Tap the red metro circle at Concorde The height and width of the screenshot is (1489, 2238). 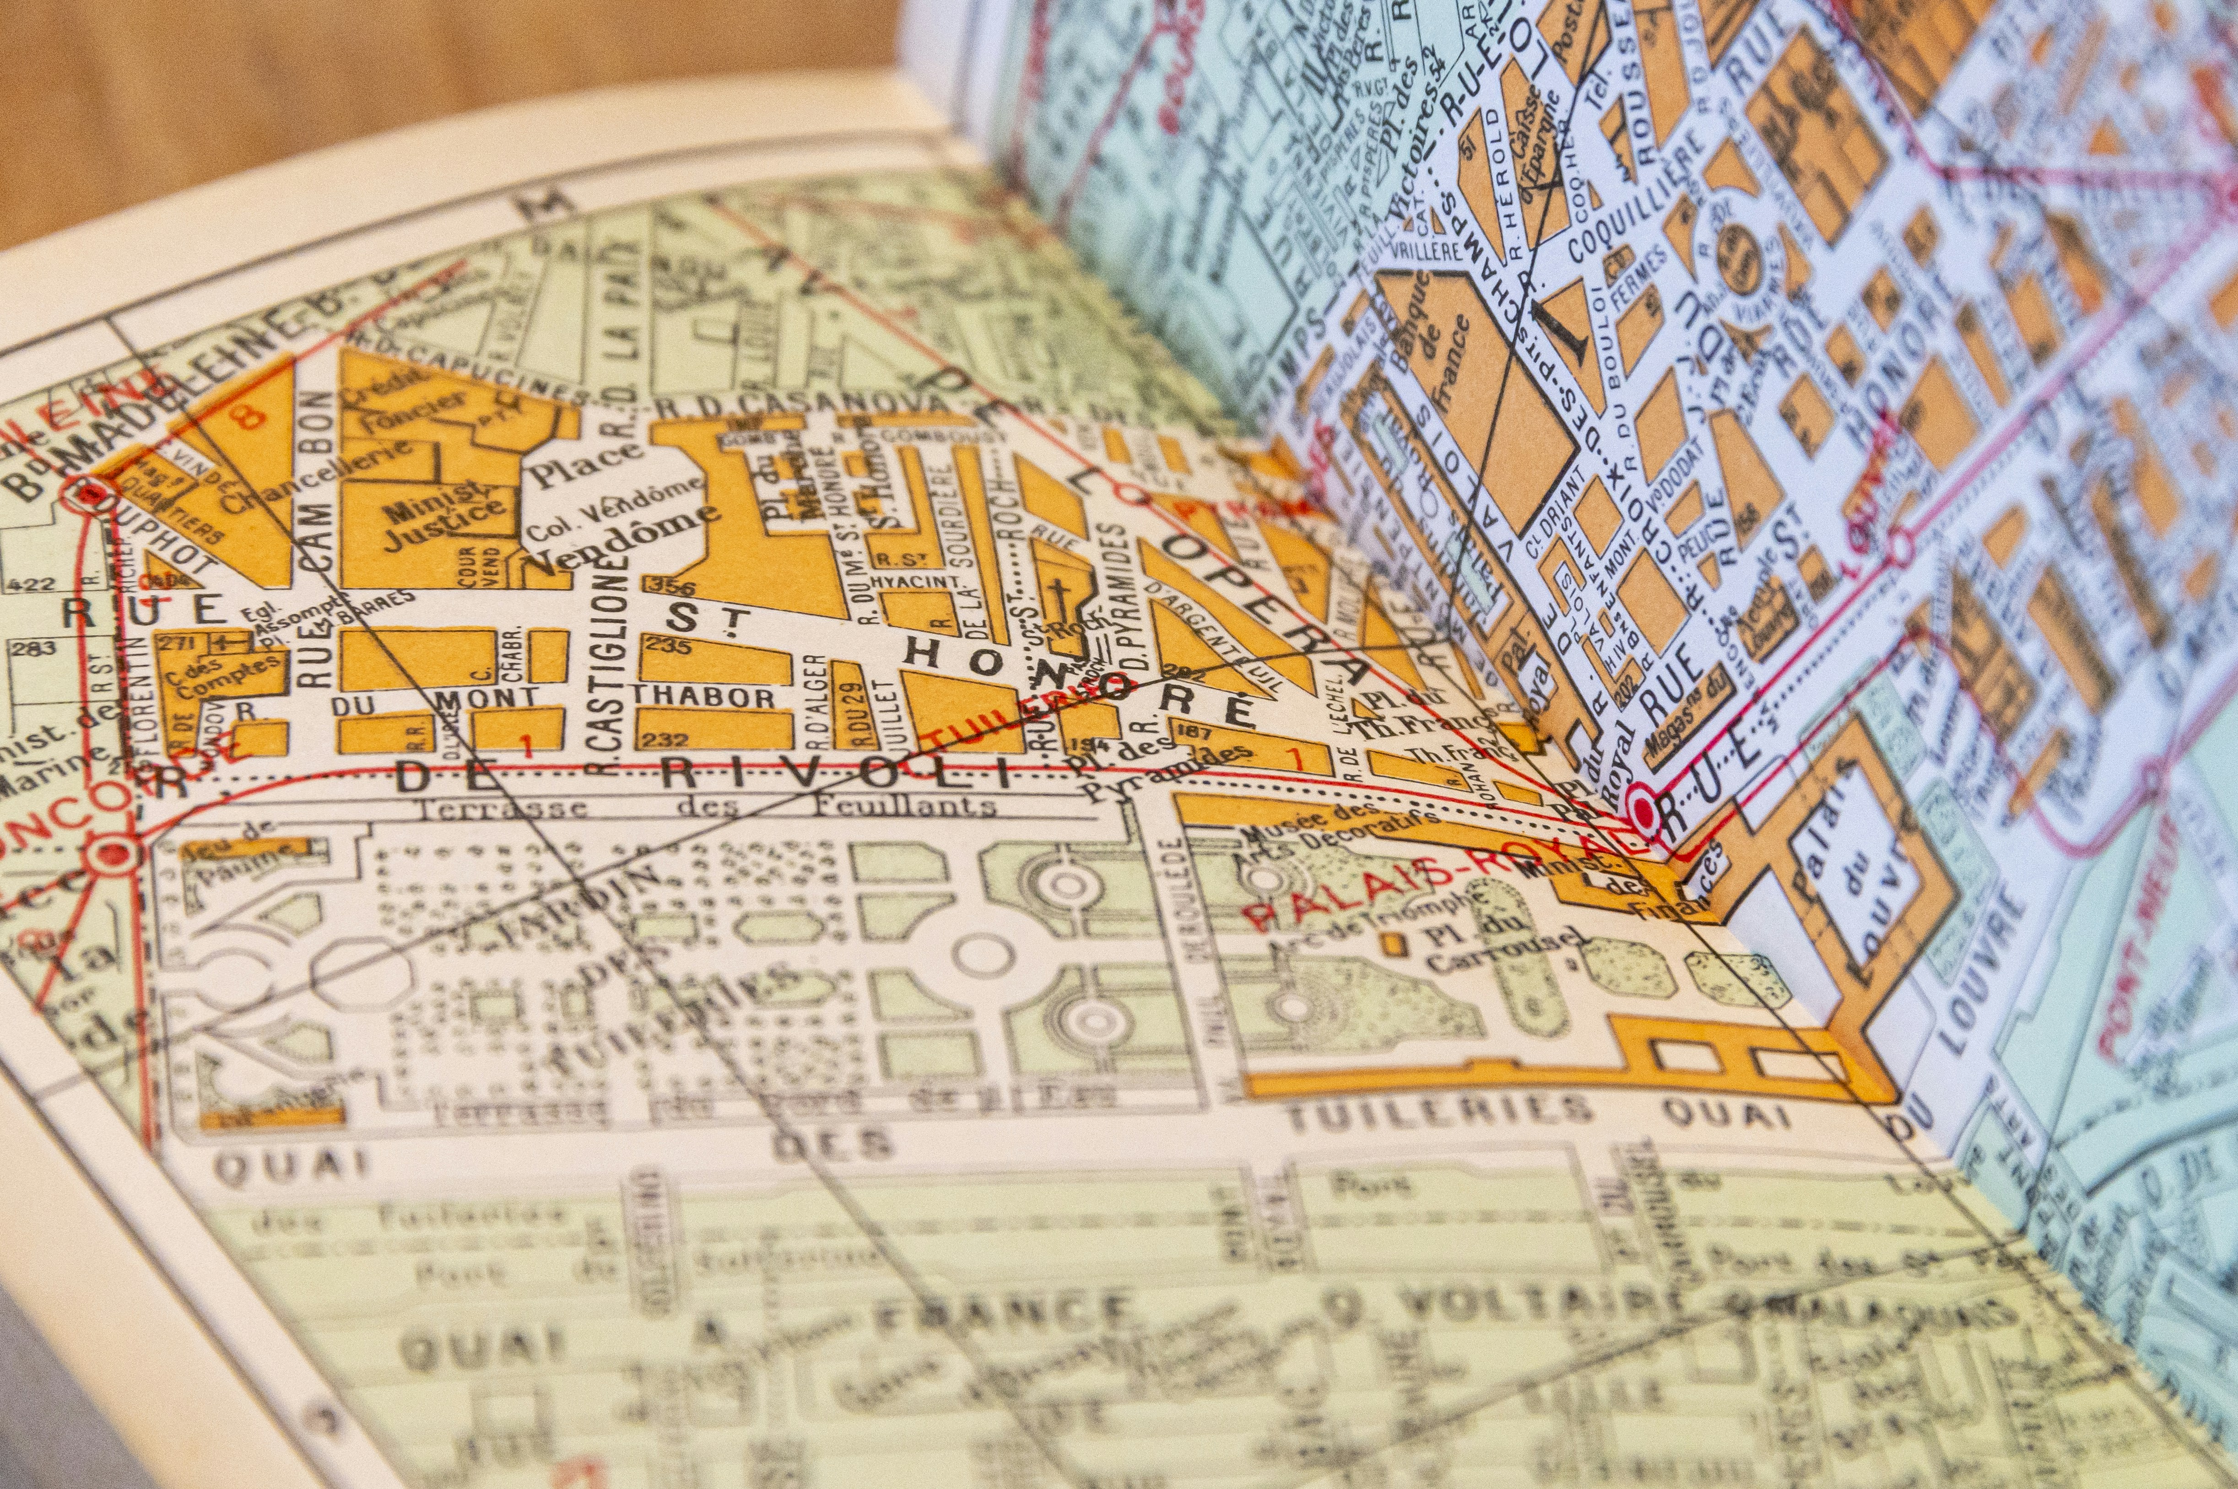(116, 852)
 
